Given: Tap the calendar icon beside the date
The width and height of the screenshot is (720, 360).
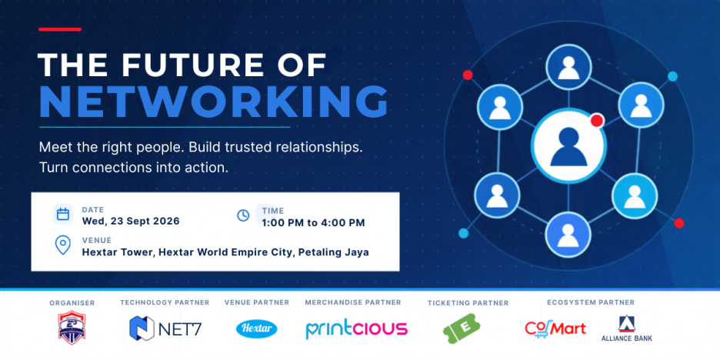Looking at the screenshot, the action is coord(63,215).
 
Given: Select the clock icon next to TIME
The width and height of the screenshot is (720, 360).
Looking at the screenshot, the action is coord(243,215).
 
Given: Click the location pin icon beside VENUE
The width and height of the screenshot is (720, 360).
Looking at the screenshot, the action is coord(63,245).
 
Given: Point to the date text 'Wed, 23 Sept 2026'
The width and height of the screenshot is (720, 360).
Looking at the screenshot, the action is coord(131,221).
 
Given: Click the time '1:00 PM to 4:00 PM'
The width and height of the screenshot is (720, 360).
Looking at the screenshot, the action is coord(314,223).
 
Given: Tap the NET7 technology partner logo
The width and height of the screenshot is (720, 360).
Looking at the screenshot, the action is coord(165,328).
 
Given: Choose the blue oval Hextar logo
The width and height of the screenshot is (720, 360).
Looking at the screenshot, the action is coord(257,328).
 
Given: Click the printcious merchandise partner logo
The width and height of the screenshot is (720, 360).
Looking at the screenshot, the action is coord(357,328).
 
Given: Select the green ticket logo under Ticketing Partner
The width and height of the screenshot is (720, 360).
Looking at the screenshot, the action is coord(462,328).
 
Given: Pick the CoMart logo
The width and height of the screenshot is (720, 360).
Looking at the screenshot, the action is coord(555,328).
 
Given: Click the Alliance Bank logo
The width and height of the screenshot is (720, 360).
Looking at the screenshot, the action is coord(626,328).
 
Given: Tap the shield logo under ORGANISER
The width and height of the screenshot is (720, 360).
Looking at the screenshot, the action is coord(72,328).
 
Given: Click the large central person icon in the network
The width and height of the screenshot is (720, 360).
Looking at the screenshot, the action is coord(569,145).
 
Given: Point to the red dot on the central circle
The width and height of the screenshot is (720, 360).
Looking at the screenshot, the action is coord(596,121).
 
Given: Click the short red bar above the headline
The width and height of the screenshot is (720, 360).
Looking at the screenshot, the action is coord(60,29).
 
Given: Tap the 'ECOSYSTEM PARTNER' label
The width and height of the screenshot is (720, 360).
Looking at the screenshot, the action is coord(591,302).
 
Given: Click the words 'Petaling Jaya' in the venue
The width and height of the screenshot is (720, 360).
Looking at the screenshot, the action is coord(334,252).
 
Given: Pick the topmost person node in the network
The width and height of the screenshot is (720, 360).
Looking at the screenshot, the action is coord(568,68).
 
